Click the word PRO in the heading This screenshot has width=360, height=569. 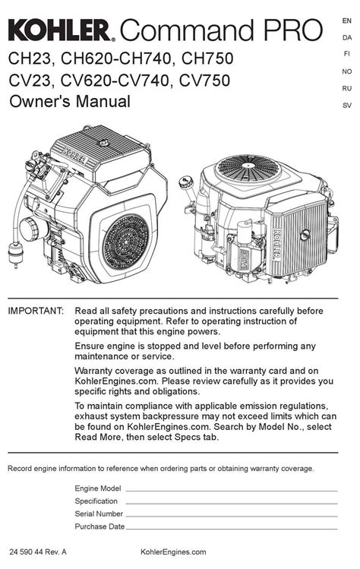[293, 30]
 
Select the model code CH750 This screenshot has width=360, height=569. [207, 58]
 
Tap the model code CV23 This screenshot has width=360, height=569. [29, 81]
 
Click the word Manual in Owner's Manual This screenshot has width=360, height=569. [103, 101]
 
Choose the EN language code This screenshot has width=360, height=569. [347, 21]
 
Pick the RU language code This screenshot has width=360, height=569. [347, 89]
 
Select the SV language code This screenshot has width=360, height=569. [347, 106]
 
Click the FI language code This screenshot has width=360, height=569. [347, 54]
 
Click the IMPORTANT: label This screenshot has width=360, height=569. [36, 311]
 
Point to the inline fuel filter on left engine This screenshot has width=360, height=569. [15, 253]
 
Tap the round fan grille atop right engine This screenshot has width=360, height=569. [248, 168]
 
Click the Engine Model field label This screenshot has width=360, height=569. [98, 488]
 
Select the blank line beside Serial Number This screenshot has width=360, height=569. [232, 517]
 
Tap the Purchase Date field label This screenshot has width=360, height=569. [99, 526]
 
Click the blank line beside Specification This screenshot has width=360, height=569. [232, 504]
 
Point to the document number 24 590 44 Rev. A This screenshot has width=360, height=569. [38, 552]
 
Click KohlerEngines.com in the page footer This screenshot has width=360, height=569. [173, 552]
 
